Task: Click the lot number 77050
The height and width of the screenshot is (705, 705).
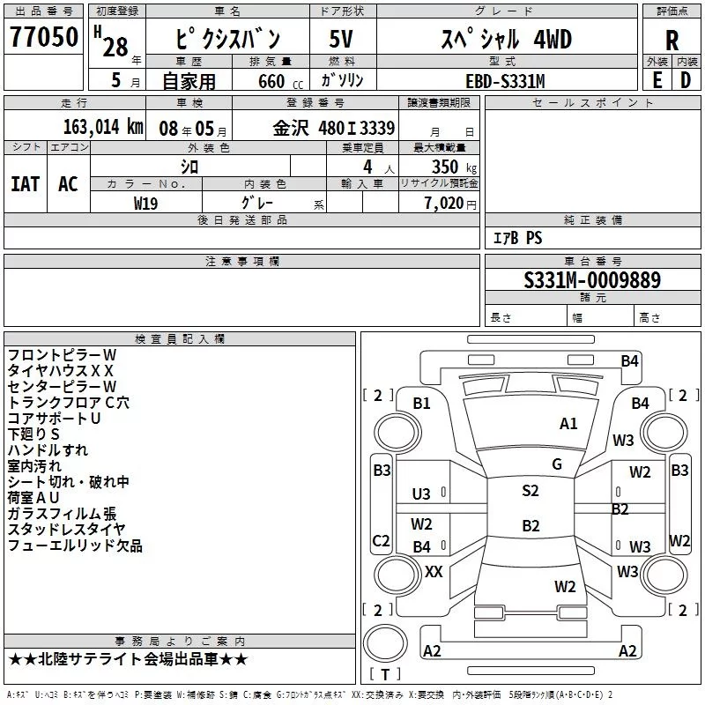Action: click(x=43, y=37)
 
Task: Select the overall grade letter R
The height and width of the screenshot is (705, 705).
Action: click(x=672, y=41)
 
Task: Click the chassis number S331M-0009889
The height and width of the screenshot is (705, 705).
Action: click(x=592, y=280)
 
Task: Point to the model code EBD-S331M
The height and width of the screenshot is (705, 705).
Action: click(x=505, y=80)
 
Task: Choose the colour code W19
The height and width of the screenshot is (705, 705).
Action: click(x=145, y=202)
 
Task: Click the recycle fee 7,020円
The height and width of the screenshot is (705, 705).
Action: click(x=449, y=203)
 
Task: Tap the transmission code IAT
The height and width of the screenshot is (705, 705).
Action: click(x=25, y=183)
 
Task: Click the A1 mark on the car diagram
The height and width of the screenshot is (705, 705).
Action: click(x=568, y=424)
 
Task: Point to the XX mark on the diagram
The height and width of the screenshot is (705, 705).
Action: click(x=434, y=572)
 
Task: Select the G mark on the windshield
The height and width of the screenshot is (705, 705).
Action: click(x=557, y=464)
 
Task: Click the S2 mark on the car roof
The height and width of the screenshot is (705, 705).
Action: click(x=530, y=491)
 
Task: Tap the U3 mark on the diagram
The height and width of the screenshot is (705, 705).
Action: click(x=421, y=494)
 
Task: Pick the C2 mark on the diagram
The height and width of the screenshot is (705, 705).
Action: click(x=382, y=540)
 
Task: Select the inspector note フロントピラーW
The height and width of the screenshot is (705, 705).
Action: click(x=62, y=355)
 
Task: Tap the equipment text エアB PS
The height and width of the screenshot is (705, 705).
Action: click(x=517, y=237)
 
